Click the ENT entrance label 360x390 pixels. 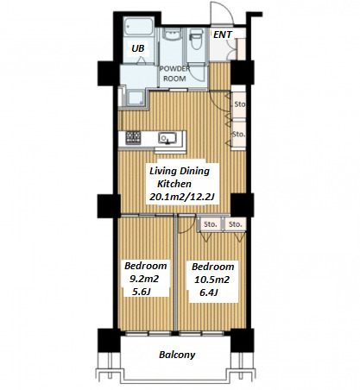223,35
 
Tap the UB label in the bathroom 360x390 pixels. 138,48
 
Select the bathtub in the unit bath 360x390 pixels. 138,27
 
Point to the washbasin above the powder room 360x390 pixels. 171,35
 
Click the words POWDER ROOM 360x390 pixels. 174,73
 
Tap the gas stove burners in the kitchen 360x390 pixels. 133,137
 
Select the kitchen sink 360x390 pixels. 167,138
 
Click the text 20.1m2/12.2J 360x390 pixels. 182,197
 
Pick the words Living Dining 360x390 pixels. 180,171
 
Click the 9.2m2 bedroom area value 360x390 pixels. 144,279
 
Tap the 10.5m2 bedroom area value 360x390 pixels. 212,280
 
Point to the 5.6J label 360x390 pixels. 142,292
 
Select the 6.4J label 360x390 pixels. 209,292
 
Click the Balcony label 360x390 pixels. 177,355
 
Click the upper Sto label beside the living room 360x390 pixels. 240,104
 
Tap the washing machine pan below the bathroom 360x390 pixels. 136,97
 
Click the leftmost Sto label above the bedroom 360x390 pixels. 211,224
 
